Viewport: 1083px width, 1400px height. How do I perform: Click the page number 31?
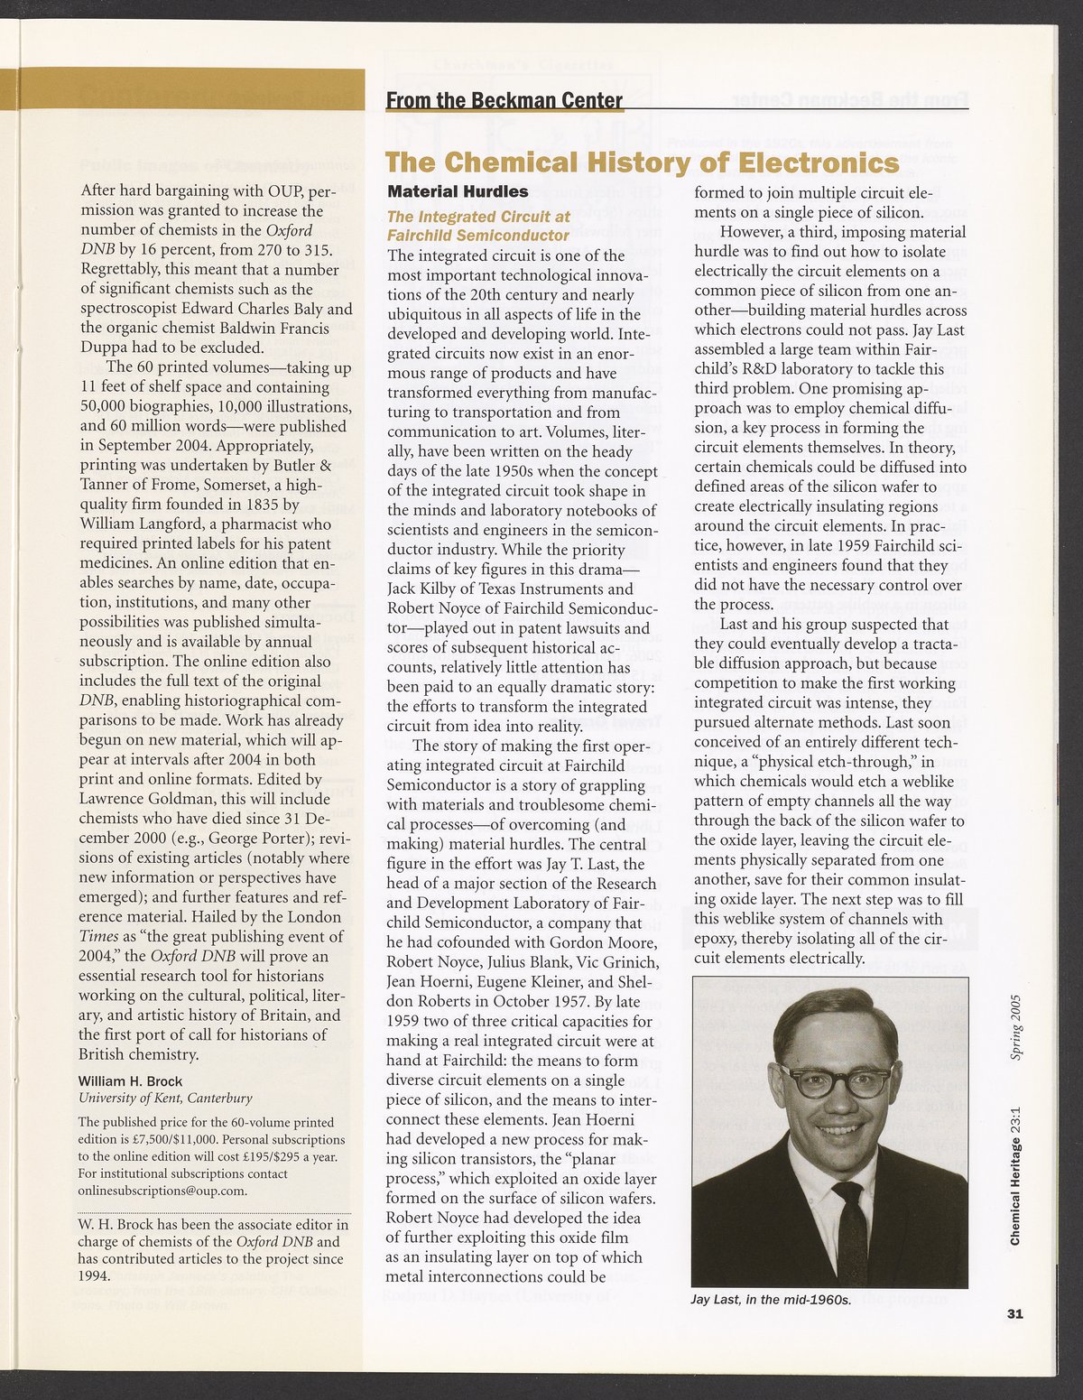[1014, 1314]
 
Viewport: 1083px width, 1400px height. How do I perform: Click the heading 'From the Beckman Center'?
[504, 100]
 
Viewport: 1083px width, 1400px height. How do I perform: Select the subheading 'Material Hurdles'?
[458, 191]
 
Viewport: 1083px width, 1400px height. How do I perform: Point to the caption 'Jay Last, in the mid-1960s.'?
[771, 1300]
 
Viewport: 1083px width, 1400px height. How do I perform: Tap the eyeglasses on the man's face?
[836, 1080]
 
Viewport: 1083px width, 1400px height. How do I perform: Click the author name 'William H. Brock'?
[130, 1081]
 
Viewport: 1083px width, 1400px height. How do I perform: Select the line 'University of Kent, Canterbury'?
[165, 1099]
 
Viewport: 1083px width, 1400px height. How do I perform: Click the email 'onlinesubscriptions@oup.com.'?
[162, 1191]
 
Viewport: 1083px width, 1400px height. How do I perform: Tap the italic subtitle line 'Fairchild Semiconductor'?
[477, 236]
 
